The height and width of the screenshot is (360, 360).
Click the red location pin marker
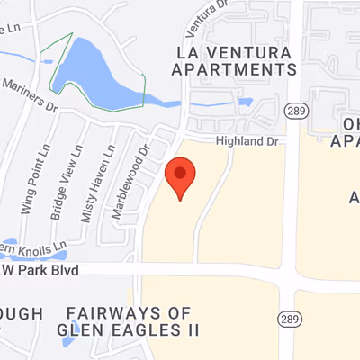point(181,176)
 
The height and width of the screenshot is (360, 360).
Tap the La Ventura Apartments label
point(234,60)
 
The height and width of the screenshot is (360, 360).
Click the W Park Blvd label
point(40,270)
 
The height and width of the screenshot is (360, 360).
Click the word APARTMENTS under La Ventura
point(234,69)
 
